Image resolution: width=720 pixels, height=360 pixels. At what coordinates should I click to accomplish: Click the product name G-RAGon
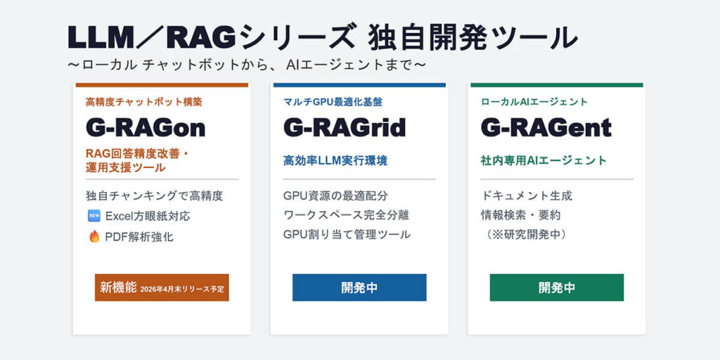point(146,127)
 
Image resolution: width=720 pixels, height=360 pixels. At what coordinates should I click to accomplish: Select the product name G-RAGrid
point(345,127)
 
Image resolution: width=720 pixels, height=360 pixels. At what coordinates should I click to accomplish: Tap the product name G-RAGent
point(546,127)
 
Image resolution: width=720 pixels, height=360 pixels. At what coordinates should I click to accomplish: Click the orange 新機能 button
point(162,288)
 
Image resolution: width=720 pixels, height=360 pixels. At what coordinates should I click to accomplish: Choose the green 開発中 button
point(556,288)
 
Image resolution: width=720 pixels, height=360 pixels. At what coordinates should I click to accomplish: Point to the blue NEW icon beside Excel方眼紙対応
point(94,216)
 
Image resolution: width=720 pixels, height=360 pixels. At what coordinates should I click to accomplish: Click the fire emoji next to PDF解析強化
point(94,237)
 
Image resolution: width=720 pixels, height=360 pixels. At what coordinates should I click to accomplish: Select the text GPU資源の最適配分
point(335,195)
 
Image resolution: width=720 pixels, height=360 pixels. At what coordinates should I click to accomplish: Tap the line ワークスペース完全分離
point(346,214)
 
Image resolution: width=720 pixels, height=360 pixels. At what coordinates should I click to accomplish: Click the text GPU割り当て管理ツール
point(347,234)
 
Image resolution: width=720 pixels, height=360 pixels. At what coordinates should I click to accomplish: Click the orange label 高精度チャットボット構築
point(143,102)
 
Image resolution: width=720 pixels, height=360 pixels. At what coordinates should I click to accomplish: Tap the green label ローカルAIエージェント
point(534,102)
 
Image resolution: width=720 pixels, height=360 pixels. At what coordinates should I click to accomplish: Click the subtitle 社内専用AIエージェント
point(544,161)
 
